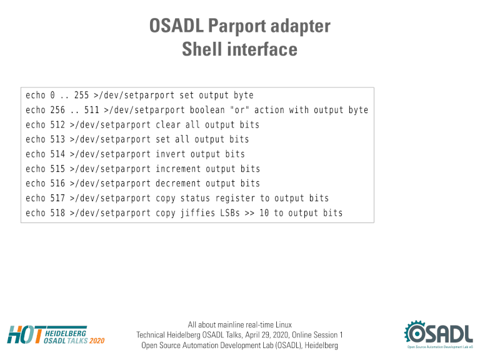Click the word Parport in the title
237,27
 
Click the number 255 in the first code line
81,95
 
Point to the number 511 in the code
92,110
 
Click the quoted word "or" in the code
239,110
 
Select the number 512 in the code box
57,124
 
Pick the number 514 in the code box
57,154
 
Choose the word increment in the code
178,169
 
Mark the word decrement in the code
178,183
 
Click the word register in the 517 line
235,198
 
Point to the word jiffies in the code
197,213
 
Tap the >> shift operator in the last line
249,213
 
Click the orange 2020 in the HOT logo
97,341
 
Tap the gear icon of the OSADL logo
416,332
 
